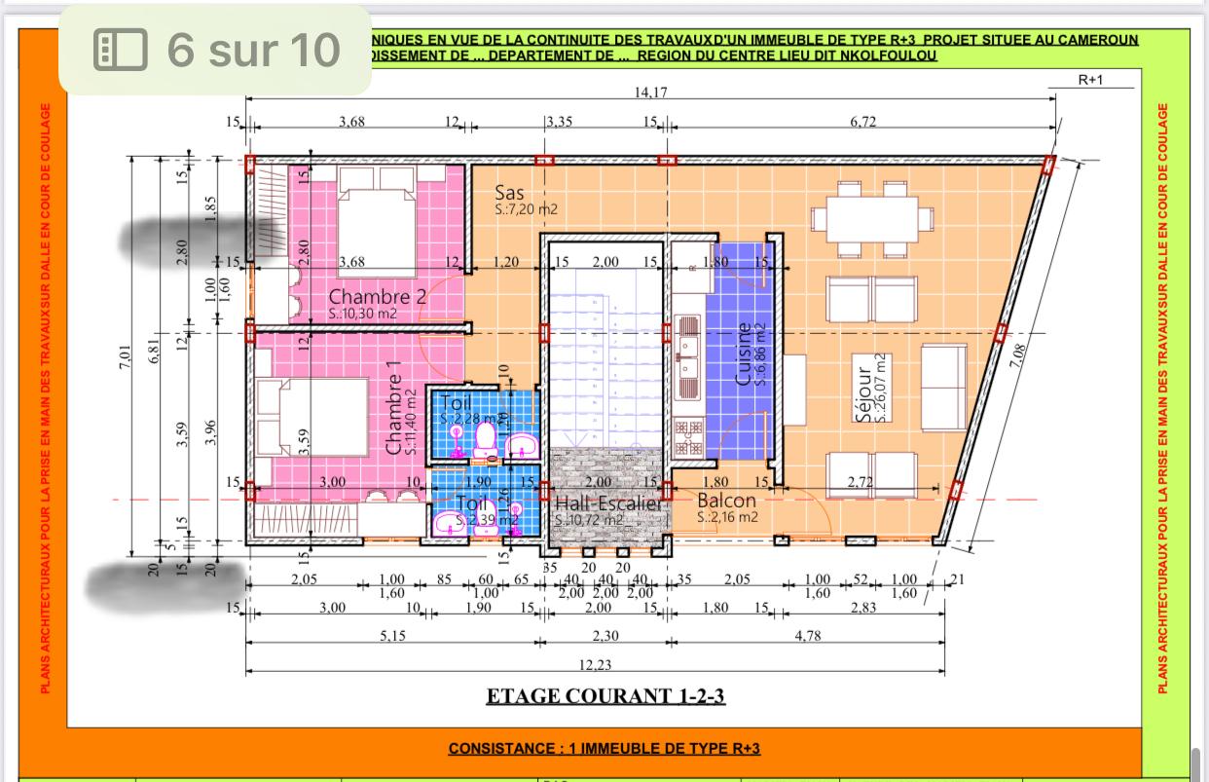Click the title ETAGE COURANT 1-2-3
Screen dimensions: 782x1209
(x=605, y=696)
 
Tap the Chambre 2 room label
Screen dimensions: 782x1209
(x=377, y=296)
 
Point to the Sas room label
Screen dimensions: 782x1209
(x=510, y=192)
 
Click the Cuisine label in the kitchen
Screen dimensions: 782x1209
(x=745, y=354)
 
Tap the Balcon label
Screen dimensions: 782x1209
(x=726, y=501)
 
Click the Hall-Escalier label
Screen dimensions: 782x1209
(x=608, y=504)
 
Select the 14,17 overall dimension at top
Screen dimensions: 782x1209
(x=650, y=93)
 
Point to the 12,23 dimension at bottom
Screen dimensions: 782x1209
(x=595, y=664)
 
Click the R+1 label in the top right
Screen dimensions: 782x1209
(x=1091, y=80)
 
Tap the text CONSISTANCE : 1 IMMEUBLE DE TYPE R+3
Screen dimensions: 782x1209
(x=604, y=749)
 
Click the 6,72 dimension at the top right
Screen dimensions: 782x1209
(x=863, y=122)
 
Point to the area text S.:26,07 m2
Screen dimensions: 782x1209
(x=881, y=388)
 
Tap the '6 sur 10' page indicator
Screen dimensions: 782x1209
(x=217, y=49)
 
